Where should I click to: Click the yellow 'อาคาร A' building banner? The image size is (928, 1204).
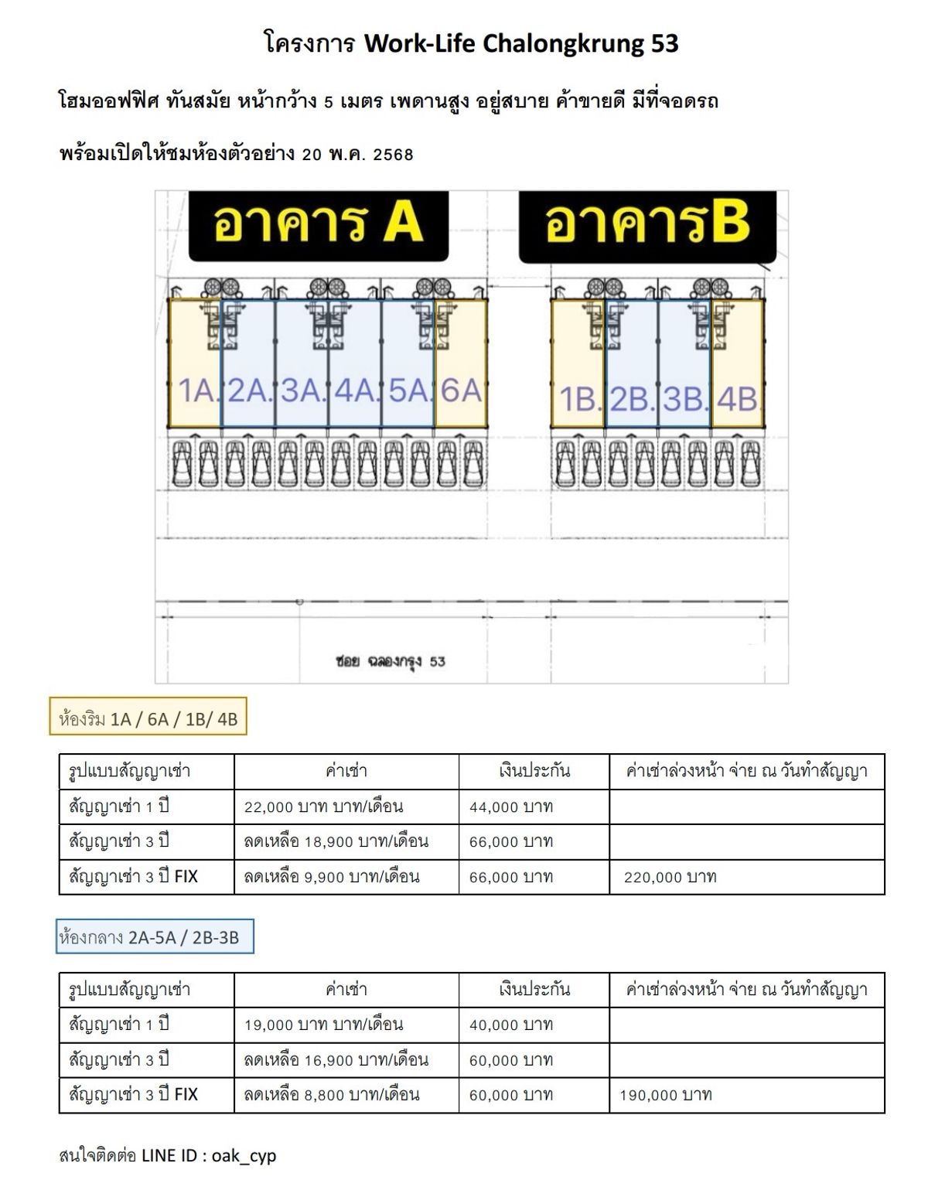click(x=318, y=225)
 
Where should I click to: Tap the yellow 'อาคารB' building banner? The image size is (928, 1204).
click(x=647, y=226)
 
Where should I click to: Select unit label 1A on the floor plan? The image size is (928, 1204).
click(x=197, y=390)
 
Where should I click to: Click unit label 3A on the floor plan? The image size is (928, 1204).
click(x=301, y=390)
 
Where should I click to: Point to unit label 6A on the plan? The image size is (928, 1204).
click(x=461, y=390)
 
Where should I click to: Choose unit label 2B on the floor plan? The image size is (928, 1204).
click(x=629, y=399)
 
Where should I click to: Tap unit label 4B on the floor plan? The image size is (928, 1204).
click(x=737, y=399)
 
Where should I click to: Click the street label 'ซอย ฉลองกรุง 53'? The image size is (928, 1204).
click(x=391, y=662)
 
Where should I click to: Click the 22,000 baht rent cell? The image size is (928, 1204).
click(x=323, y=807)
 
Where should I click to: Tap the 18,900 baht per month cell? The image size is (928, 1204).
click(x=336, y=841)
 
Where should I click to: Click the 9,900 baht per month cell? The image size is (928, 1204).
click(x=331, y=877)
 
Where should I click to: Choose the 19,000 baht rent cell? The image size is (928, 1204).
click(x=323, y=1025)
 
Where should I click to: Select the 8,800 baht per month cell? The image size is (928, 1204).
click(x=331, y=1095)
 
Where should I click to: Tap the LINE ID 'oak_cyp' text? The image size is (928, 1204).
click(x=244, y=1156)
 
